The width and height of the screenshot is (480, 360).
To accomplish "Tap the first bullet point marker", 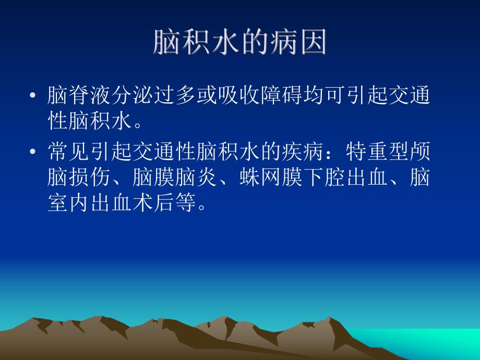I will [x=33, y=97].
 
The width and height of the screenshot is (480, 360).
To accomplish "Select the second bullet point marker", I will [x=33, y=152].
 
